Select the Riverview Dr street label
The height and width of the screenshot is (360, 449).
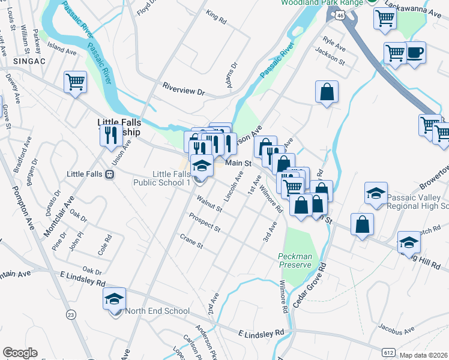coord(184,89)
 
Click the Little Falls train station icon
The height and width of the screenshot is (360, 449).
coord(109,175)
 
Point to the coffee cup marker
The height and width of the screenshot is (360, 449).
coord(415,53)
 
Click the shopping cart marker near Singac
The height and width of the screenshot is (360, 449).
coord(75,81)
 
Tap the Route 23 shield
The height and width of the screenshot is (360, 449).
coord(71,314)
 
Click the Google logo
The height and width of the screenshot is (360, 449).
coord(19,353)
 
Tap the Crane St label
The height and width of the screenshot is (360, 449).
coord(191,242)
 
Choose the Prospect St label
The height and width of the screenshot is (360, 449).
coord(204,223)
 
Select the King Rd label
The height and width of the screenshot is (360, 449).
coord(216,17)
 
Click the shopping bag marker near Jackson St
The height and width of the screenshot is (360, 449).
coord(327,92)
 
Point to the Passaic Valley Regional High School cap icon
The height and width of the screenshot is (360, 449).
coord(376,193)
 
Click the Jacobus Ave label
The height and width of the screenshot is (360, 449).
coord(396,329)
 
